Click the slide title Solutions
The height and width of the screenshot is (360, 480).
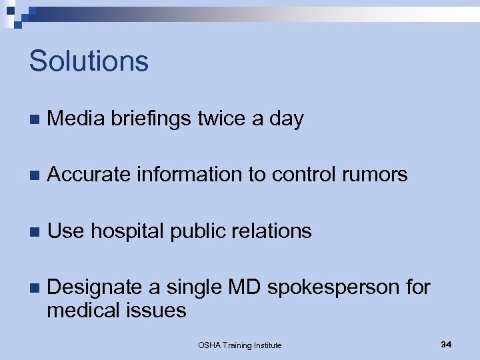pos(89,61)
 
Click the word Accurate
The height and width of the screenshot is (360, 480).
pos(90,175)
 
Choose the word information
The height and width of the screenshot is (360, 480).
pos(189,175)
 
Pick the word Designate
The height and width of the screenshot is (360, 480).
pos(95,288)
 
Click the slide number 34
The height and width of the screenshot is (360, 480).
pos(446,344)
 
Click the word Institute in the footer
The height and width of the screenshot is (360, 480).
pos(265,345)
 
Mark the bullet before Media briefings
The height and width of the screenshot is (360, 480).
pos(34,120)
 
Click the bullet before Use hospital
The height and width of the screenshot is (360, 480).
pos(34,232)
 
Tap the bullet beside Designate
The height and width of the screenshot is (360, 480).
pos(34,289)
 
